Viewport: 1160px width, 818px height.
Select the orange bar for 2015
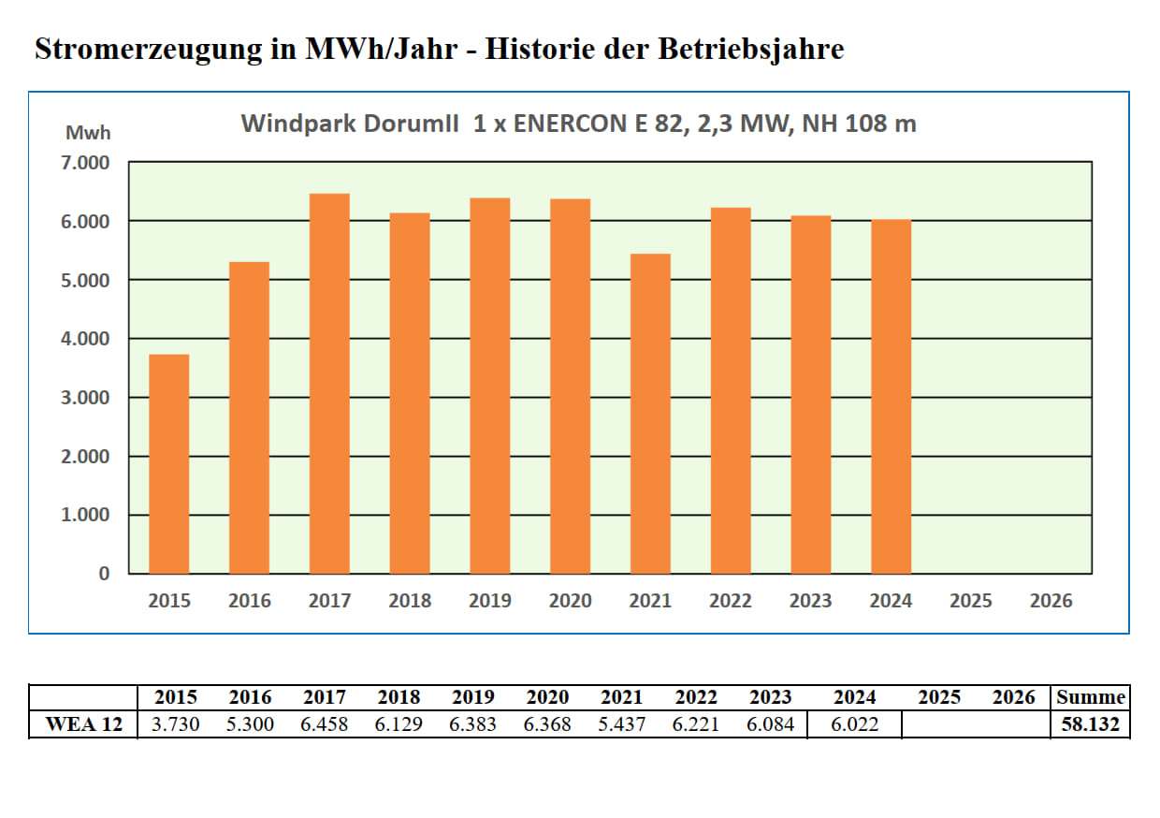coord(169,464)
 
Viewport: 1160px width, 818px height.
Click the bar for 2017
coord(329,384)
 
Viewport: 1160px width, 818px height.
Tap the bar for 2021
coord(650,414)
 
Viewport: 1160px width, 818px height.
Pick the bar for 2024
coord(891,396)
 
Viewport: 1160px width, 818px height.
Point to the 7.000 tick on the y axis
coord(87,163)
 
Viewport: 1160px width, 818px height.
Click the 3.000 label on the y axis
coord(87,398)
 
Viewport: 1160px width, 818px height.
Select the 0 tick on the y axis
coord(104,574)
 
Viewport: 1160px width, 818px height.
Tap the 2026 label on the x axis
coord(1051,602)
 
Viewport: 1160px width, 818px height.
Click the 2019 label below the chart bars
coord(489,602)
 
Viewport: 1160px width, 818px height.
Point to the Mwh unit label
coord(88,133)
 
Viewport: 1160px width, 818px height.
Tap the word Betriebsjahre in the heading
coord(750,50)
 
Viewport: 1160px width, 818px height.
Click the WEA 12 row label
coord(84,724)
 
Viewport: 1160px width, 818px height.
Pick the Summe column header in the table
coord(1091,697)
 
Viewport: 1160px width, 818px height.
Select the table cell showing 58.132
coord(1091,724)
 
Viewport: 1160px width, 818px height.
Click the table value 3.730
coord(175,724)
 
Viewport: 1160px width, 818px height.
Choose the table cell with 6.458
coord(324,724)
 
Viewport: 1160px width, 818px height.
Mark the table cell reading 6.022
coord(855,724)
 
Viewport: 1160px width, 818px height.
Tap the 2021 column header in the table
coord(621,697)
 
